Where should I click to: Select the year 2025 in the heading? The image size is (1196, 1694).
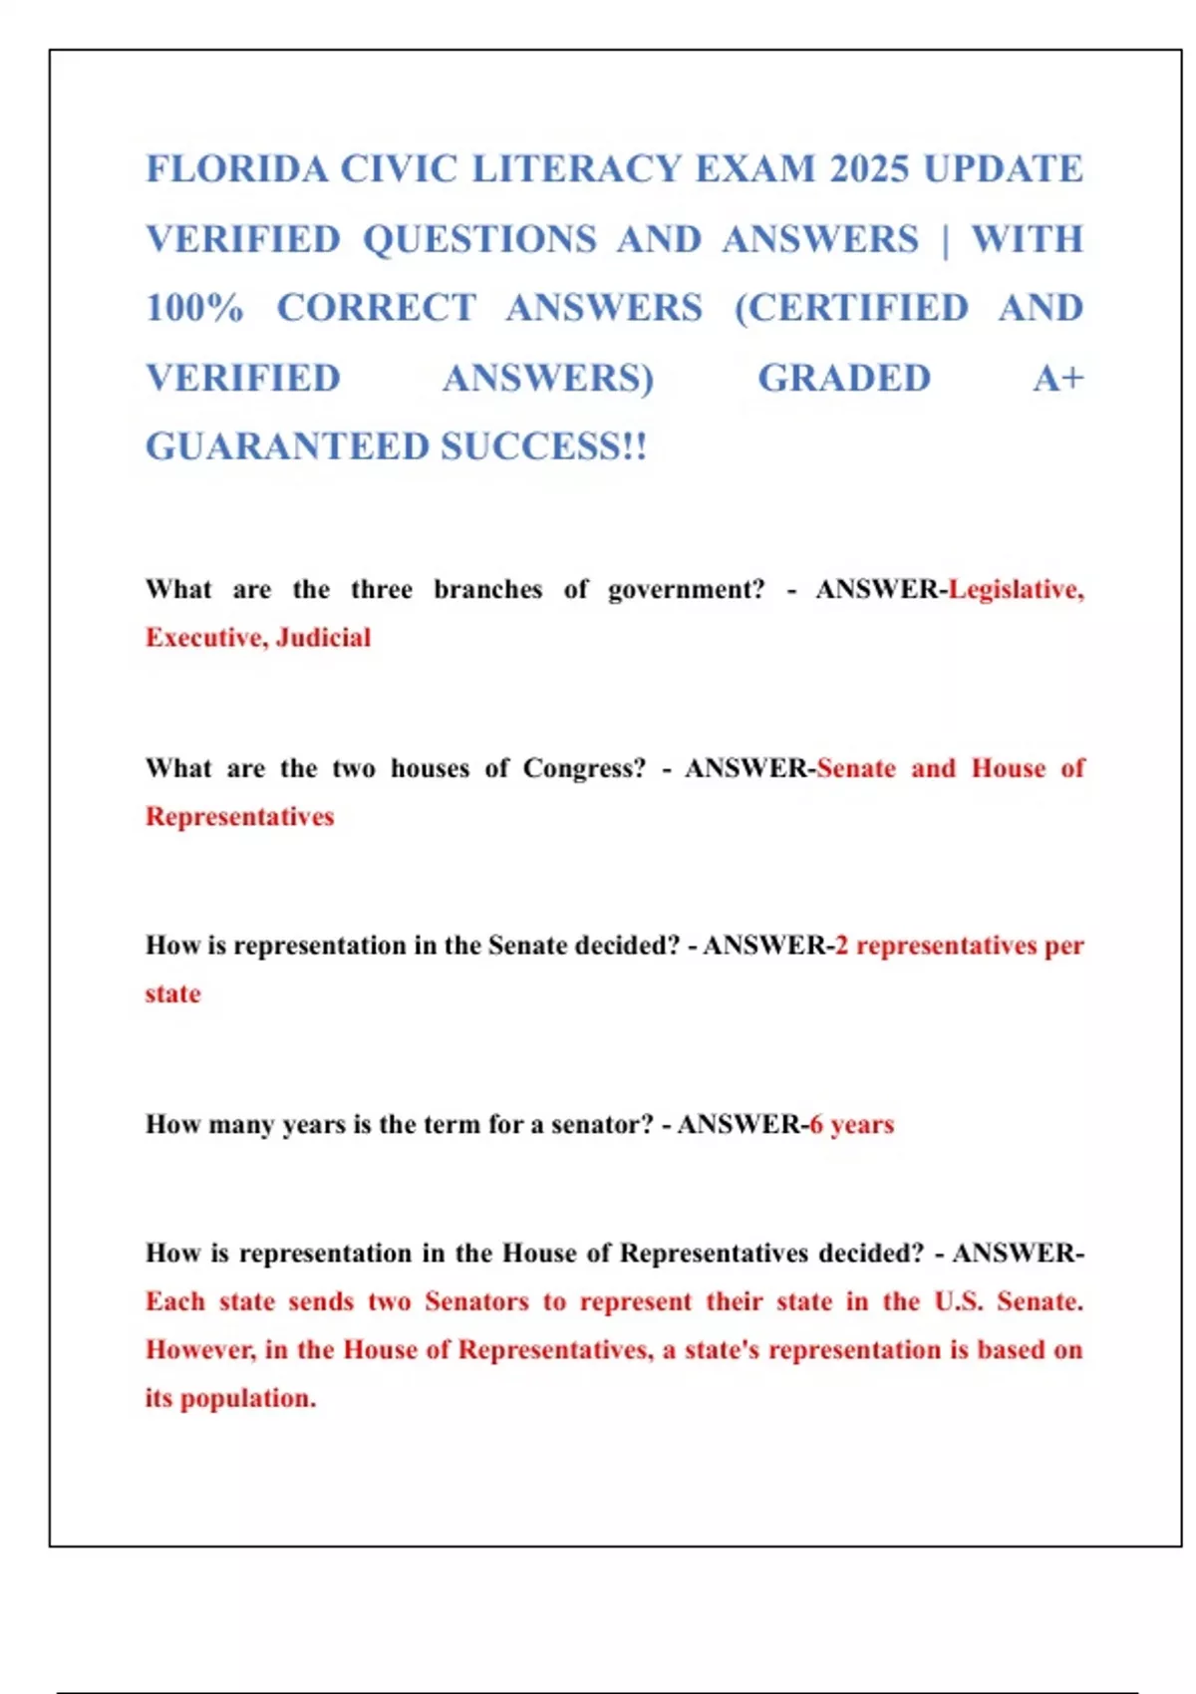tap(869, 169)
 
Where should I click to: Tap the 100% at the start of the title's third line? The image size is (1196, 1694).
tap(194, 308)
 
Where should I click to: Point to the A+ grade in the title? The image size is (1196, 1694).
tap(1058, 379)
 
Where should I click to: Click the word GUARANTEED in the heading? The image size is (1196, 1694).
tap(286, 446)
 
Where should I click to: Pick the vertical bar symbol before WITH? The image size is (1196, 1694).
tap(945, 240)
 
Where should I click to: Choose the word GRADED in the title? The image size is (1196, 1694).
tap(844, 379)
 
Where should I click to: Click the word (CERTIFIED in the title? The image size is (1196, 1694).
tap(851, 308)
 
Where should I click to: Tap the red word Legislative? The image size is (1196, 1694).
tap(1016, 590)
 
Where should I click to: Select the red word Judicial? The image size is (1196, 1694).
tap(323, 638)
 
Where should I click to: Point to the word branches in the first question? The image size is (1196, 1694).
tap(487, 590)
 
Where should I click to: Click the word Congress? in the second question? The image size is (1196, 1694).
tap(584, 768)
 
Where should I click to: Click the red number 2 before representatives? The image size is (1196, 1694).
tap(841, 946)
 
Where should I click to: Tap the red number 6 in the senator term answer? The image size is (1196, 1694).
tap(816, 1125)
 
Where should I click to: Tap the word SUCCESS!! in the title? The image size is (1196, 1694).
tap(544, 446)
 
